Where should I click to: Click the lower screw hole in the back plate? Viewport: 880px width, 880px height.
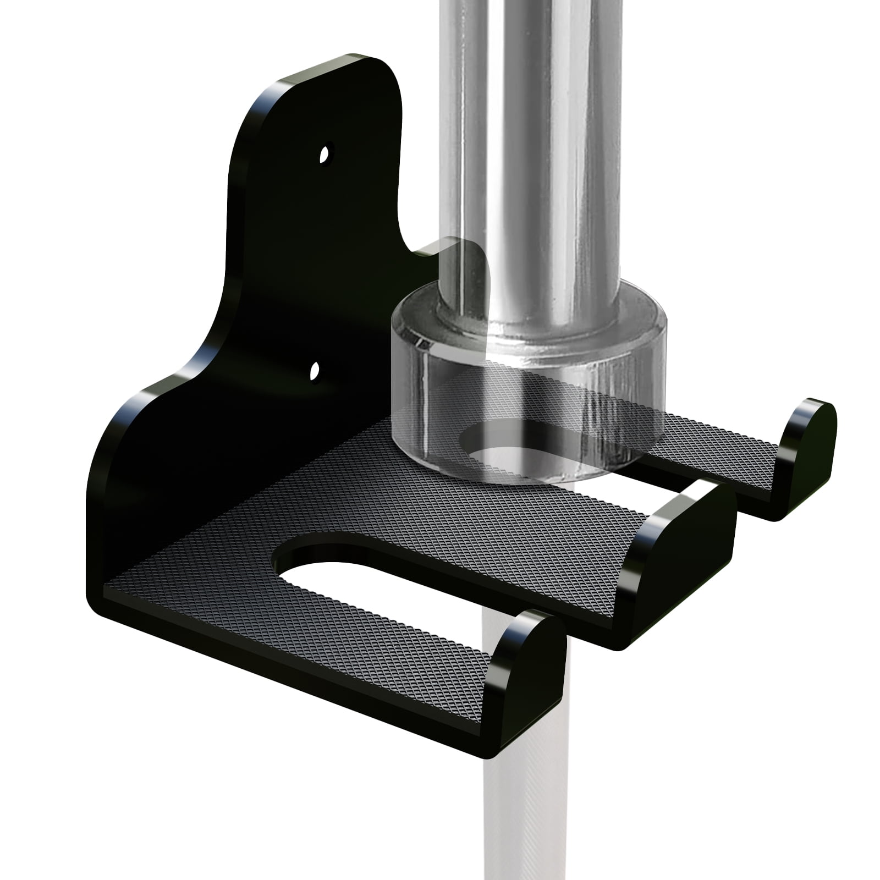point(315,372)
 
